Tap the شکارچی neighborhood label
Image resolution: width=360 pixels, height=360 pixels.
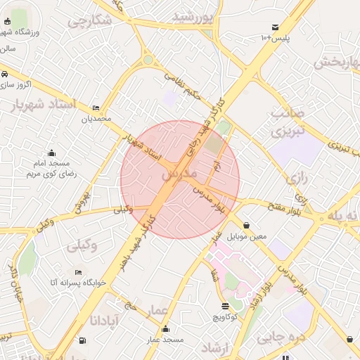pyautogui.click(x=90, y=22)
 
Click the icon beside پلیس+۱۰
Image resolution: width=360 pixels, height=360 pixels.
pyautogui.click(x=273, y=27)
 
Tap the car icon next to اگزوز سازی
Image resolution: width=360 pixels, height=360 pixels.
pyautogui.click(x=4, y=74)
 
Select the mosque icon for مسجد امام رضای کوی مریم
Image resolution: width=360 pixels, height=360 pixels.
pyautogui.click(x=51, y=153)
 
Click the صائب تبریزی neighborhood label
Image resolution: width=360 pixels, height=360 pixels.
pyautogui.click(x=288, y=121)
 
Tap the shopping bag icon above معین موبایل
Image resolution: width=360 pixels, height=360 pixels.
pyautogui.click(x=245, y=226)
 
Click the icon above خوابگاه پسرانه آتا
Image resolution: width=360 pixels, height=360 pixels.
pyautogui.click(x=77, y=271)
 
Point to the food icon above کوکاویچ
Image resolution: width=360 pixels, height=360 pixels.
pyautogui.click(x=225, y=306)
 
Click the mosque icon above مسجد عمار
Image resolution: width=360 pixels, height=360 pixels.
pyautogui.click(x=165, y=328)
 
